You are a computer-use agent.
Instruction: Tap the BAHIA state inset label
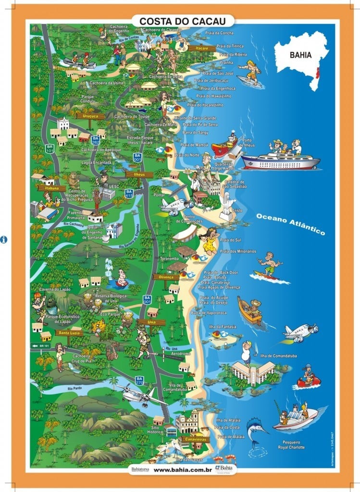click(300, 55)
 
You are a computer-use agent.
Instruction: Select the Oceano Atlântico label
click(290, 224)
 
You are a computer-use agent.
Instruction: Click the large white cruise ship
click(280, 160)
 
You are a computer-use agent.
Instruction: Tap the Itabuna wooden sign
click(54, 188)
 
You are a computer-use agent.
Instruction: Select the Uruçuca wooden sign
click(90, 116)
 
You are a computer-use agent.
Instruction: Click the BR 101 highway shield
click(49, 148)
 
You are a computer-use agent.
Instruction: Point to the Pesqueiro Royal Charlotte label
click(288, 444)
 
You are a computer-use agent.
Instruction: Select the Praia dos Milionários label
click(237, 251)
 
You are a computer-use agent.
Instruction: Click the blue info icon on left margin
click(4, 239)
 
